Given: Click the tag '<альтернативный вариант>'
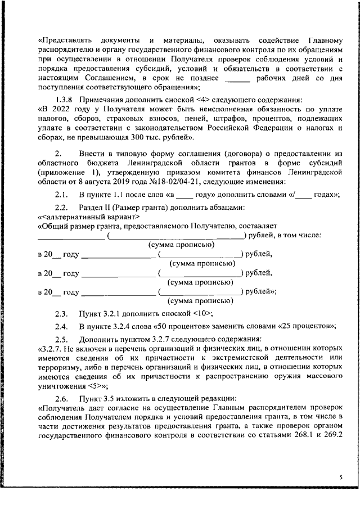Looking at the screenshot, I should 86,217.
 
